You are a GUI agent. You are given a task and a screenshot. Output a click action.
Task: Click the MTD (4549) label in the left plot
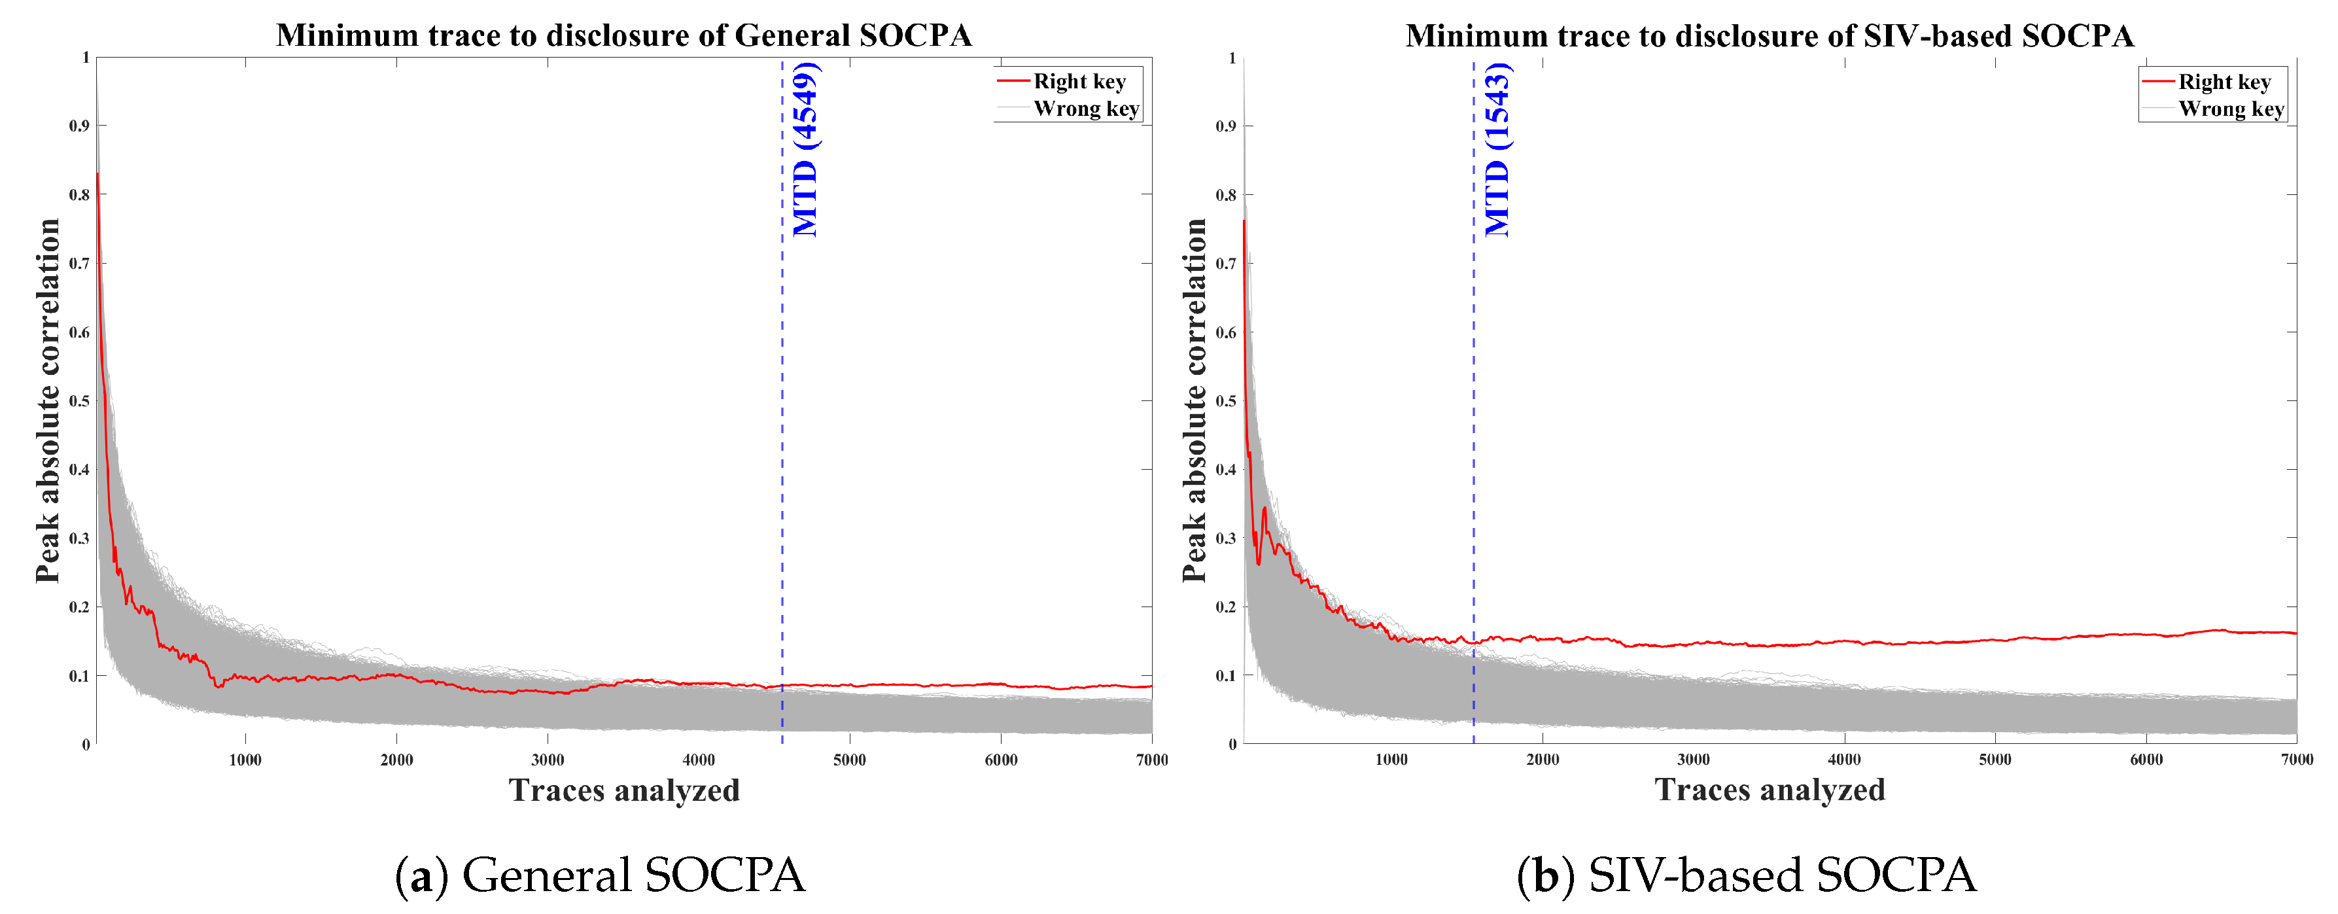coord(806,150)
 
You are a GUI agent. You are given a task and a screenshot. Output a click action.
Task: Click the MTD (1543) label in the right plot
coord(1497,150)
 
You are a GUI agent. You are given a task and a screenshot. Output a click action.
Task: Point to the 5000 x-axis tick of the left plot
coord(850,760)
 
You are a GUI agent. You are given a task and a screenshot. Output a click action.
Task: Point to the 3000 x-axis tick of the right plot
coord(1693,760)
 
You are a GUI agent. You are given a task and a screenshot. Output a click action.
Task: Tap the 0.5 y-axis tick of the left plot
coord(80,401)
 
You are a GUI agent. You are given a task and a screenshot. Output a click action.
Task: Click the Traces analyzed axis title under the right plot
coord(1769,790)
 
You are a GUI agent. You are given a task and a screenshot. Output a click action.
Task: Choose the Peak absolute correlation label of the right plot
coord(1195,400)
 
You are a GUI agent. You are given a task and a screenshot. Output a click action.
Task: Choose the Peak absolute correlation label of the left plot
coord(48,400)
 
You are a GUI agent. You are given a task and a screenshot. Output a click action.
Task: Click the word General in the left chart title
coord(792,35)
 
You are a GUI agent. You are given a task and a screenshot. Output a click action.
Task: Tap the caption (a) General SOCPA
coord(600,875)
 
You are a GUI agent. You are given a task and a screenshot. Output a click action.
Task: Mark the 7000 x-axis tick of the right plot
coord(2296,760)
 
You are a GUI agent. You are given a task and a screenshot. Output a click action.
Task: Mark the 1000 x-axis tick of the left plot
coord(245,760)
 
